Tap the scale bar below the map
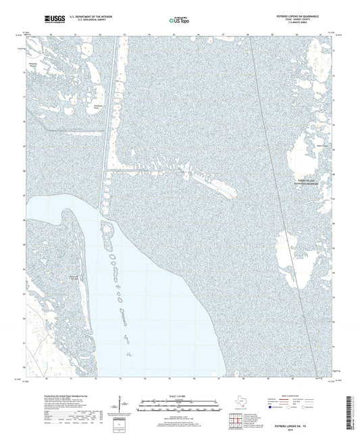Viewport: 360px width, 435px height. click(x=180, y=407)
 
